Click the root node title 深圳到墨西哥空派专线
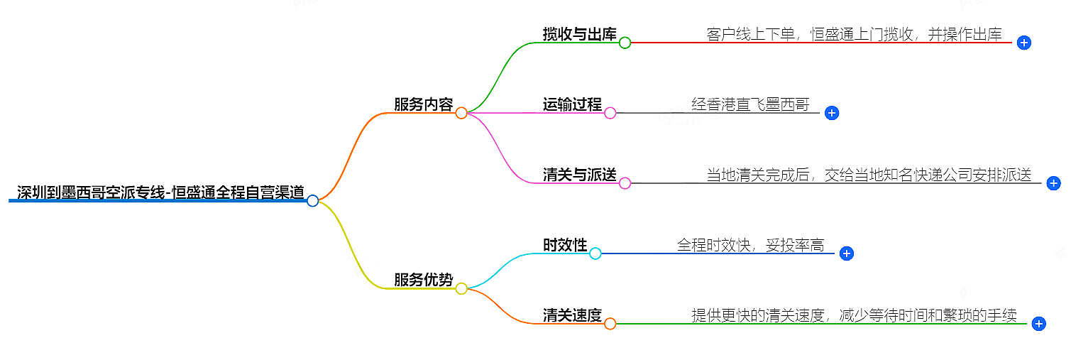pyautogui.click(x=160, y=192)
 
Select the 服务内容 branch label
pyautogui.click(x=423, y=104)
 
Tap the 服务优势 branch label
pyautogui.click(x=423, y=280)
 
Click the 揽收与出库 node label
pyautogui.click(x=579, y=34)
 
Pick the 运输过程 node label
pyautogui.click(x=572, y=104)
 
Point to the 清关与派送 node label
pyautogui.click(x=579, y=175)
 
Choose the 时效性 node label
pyautogui.click(x=565, y=245)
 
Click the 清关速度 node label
pyautogui.click(x=572, y=315)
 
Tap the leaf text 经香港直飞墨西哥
pyautogui.click(x=750, y=104)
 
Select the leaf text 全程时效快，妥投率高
pyautogui.click(x=750, y=245)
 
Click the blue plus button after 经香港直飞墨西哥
pyautogui.click(x=832, y=113)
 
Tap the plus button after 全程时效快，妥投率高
pyautogui.click(x=846, y=253)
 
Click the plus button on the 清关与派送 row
pyautogui.click(x=1053, y=183)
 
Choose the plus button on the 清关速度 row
pyautogui.click(x=1038, y=324)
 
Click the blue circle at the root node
pyautogui.click(x=312, y=201)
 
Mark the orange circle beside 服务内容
pyautogui.click(x=461, y=113)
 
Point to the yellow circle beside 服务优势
pyautogui.click(x=461, y=288)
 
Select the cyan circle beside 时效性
pyautogui.click(x=595, y=253)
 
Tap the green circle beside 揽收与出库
pyautogui.click(x=625, y=43)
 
